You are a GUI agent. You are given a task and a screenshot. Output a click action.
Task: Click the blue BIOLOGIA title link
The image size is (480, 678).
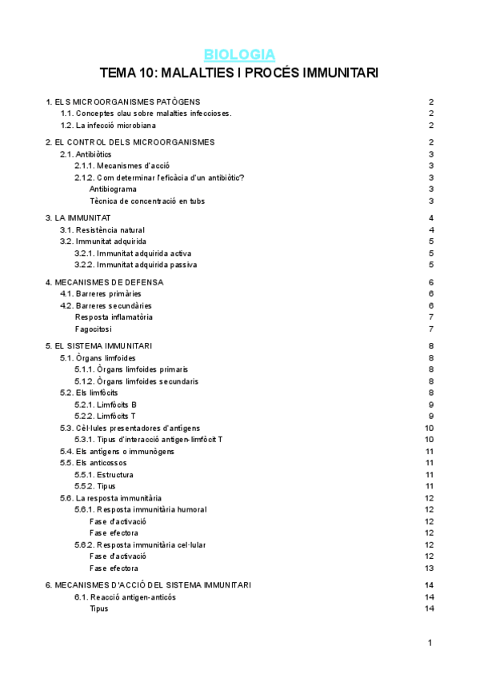coord(239,54)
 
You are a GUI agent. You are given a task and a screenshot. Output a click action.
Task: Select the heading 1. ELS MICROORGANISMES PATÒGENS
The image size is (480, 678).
coord(122,102)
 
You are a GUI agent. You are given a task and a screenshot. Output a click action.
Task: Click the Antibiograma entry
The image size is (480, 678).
coord(113,189)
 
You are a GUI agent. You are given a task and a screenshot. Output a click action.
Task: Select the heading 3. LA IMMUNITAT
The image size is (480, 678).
coord(78,217)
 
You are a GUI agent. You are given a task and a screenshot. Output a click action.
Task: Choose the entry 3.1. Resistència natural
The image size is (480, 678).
coord(102,229)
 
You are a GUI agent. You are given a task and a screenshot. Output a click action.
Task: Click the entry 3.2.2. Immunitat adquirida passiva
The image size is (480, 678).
coord(135,265)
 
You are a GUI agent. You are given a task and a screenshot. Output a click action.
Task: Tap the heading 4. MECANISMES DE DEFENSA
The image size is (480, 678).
coord(105,281)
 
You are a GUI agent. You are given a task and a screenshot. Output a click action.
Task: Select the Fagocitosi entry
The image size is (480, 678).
coord(94,329)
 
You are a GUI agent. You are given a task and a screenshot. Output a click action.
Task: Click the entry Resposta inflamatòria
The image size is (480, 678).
coord(114,317)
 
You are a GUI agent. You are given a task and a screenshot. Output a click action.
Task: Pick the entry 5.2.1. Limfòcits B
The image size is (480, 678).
coord(106,405)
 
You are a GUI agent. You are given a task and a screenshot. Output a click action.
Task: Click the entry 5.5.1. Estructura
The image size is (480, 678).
coord(104,475)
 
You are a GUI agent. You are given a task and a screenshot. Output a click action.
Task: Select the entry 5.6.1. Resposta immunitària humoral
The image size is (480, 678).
coord(140,509)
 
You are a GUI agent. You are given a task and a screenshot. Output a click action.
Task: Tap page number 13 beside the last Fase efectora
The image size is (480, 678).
coord(430,568)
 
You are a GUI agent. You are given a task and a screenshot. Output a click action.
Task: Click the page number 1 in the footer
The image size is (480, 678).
coord(430,643)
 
